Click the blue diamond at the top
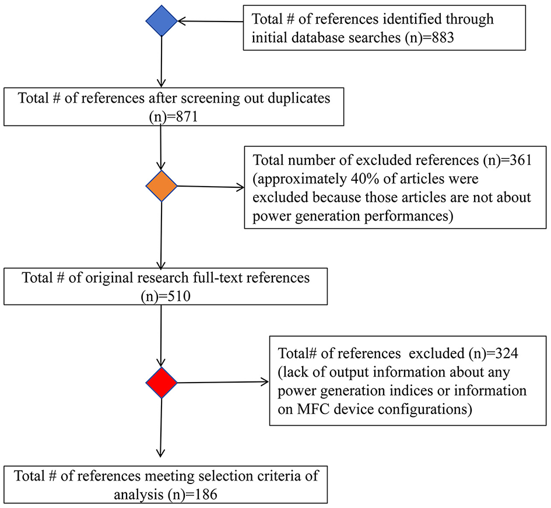tap(160, 22)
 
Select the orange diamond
tap(160, 187)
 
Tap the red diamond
tap(160, 383)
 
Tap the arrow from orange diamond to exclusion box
tap(210, 187)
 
